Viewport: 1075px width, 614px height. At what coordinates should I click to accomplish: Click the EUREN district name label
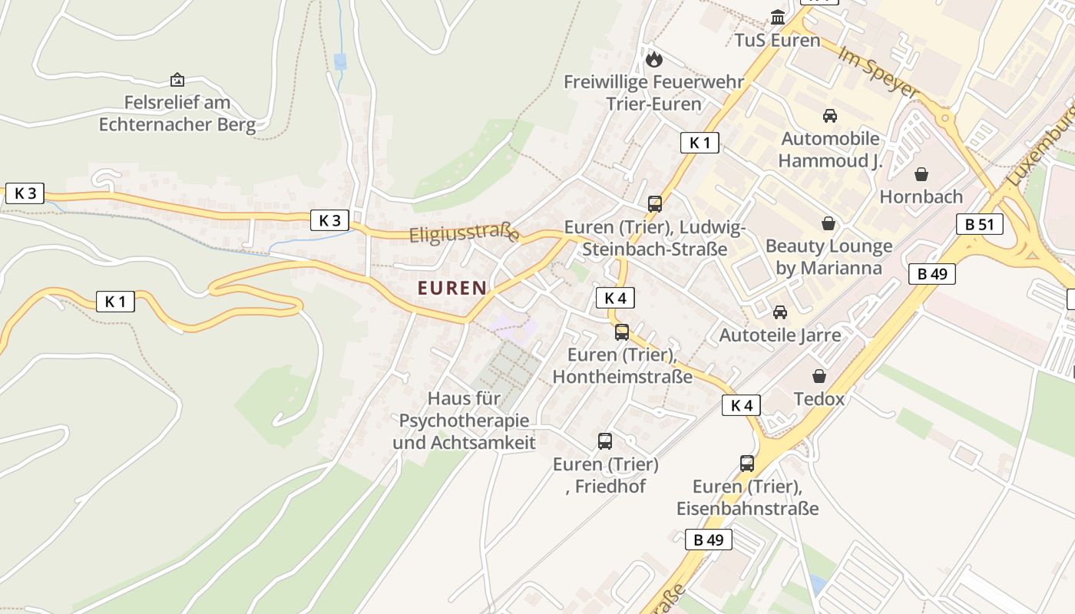451,289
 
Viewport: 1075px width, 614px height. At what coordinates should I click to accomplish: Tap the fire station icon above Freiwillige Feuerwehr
653,58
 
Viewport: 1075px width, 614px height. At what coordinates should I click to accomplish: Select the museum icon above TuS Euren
778,17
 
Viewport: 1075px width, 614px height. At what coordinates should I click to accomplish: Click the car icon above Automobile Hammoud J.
829,116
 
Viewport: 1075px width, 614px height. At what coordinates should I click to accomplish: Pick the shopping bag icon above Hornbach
921,174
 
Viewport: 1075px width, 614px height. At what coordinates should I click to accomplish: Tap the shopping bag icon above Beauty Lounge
829,223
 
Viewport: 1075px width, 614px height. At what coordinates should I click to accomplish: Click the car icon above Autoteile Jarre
780,312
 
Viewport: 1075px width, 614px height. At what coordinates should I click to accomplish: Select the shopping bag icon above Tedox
819,376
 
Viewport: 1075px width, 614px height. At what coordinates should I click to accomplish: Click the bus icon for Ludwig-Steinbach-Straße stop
654,203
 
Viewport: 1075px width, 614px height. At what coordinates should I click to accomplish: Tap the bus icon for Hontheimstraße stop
622,332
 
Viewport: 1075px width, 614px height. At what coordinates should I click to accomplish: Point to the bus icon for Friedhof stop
605,441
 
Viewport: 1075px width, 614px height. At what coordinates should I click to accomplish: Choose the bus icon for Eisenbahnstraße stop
747,463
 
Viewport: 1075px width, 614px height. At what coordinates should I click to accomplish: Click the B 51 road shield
979,224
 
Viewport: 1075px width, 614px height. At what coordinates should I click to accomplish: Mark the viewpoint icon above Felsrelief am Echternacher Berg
177,79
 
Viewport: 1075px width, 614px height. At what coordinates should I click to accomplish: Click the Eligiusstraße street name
464,233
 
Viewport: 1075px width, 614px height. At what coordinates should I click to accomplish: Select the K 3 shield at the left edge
25,193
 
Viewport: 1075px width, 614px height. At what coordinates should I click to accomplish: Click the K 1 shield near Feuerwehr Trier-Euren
700,142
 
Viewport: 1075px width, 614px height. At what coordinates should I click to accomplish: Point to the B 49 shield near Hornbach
931,274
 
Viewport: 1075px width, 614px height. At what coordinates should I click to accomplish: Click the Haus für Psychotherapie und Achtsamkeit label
464,421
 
